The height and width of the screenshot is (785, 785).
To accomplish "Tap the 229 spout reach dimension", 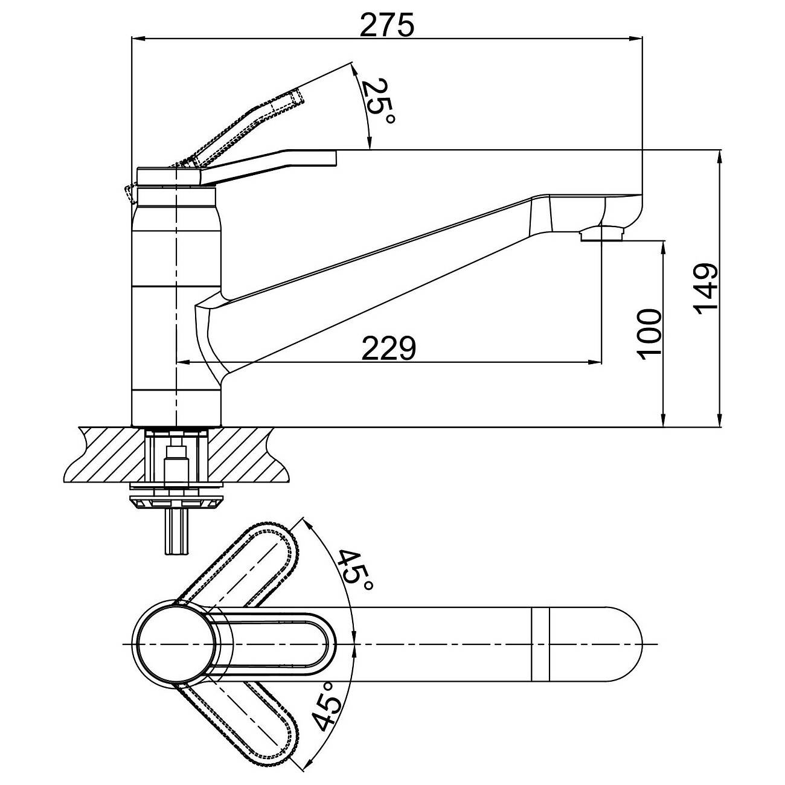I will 388,348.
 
